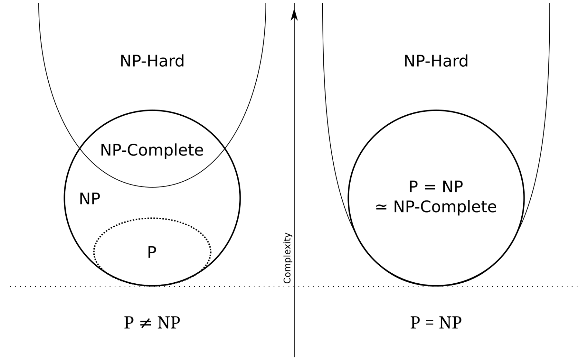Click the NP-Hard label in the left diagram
152,61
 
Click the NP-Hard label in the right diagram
436,61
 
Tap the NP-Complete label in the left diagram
152,150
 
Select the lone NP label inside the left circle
90,199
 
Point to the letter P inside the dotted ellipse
152,252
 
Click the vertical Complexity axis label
288,258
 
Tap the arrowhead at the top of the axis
294,14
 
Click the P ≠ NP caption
152,323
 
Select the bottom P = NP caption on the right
436,323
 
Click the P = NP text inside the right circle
436,187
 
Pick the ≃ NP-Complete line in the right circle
436,207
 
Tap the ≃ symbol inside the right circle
381,207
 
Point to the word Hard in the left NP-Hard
169,61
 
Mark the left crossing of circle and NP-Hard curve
80,148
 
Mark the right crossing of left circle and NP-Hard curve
224,148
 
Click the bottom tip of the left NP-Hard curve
152,187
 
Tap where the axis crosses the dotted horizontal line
294,286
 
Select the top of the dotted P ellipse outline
152,219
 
